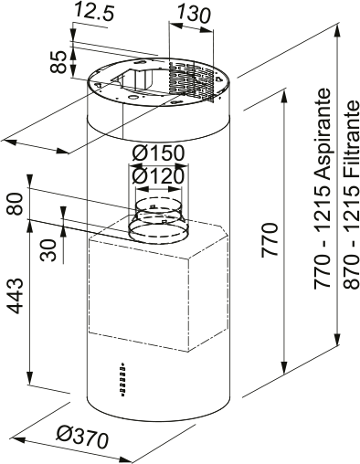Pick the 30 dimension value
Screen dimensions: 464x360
point(48,249)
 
